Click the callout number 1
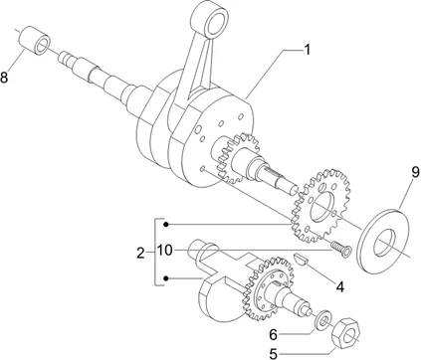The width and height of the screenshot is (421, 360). coord(307,50)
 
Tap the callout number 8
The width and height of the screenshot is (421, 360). coord(4,78)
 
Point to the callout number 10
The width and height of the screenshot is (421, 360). coord(165,251)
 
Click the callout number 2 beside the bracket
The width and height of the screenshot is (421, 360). coord(140,254)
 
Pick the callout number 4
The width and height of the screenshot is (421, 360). coord(340,286)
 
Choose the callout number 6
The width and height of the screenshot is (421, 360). coord(273,335)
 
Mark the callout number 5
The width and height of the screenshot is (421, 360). coord(273,354)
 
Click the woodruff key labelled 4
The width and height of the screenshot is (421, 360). coord(302,260)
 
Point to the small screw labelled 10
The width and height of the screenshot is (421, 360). coord(341,249)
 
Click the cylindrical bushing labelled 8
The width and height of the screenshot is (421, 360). coord(35,40)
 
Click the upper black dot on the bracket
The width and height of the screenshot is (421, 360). coord(166,225)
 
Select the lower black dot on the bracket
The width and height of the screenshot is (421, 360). coord(166,278)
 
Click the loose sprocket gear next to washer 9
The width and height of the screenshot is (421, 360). coord(320,206)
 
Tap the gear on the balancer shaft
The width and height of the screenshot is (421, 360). coord(269,288)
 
